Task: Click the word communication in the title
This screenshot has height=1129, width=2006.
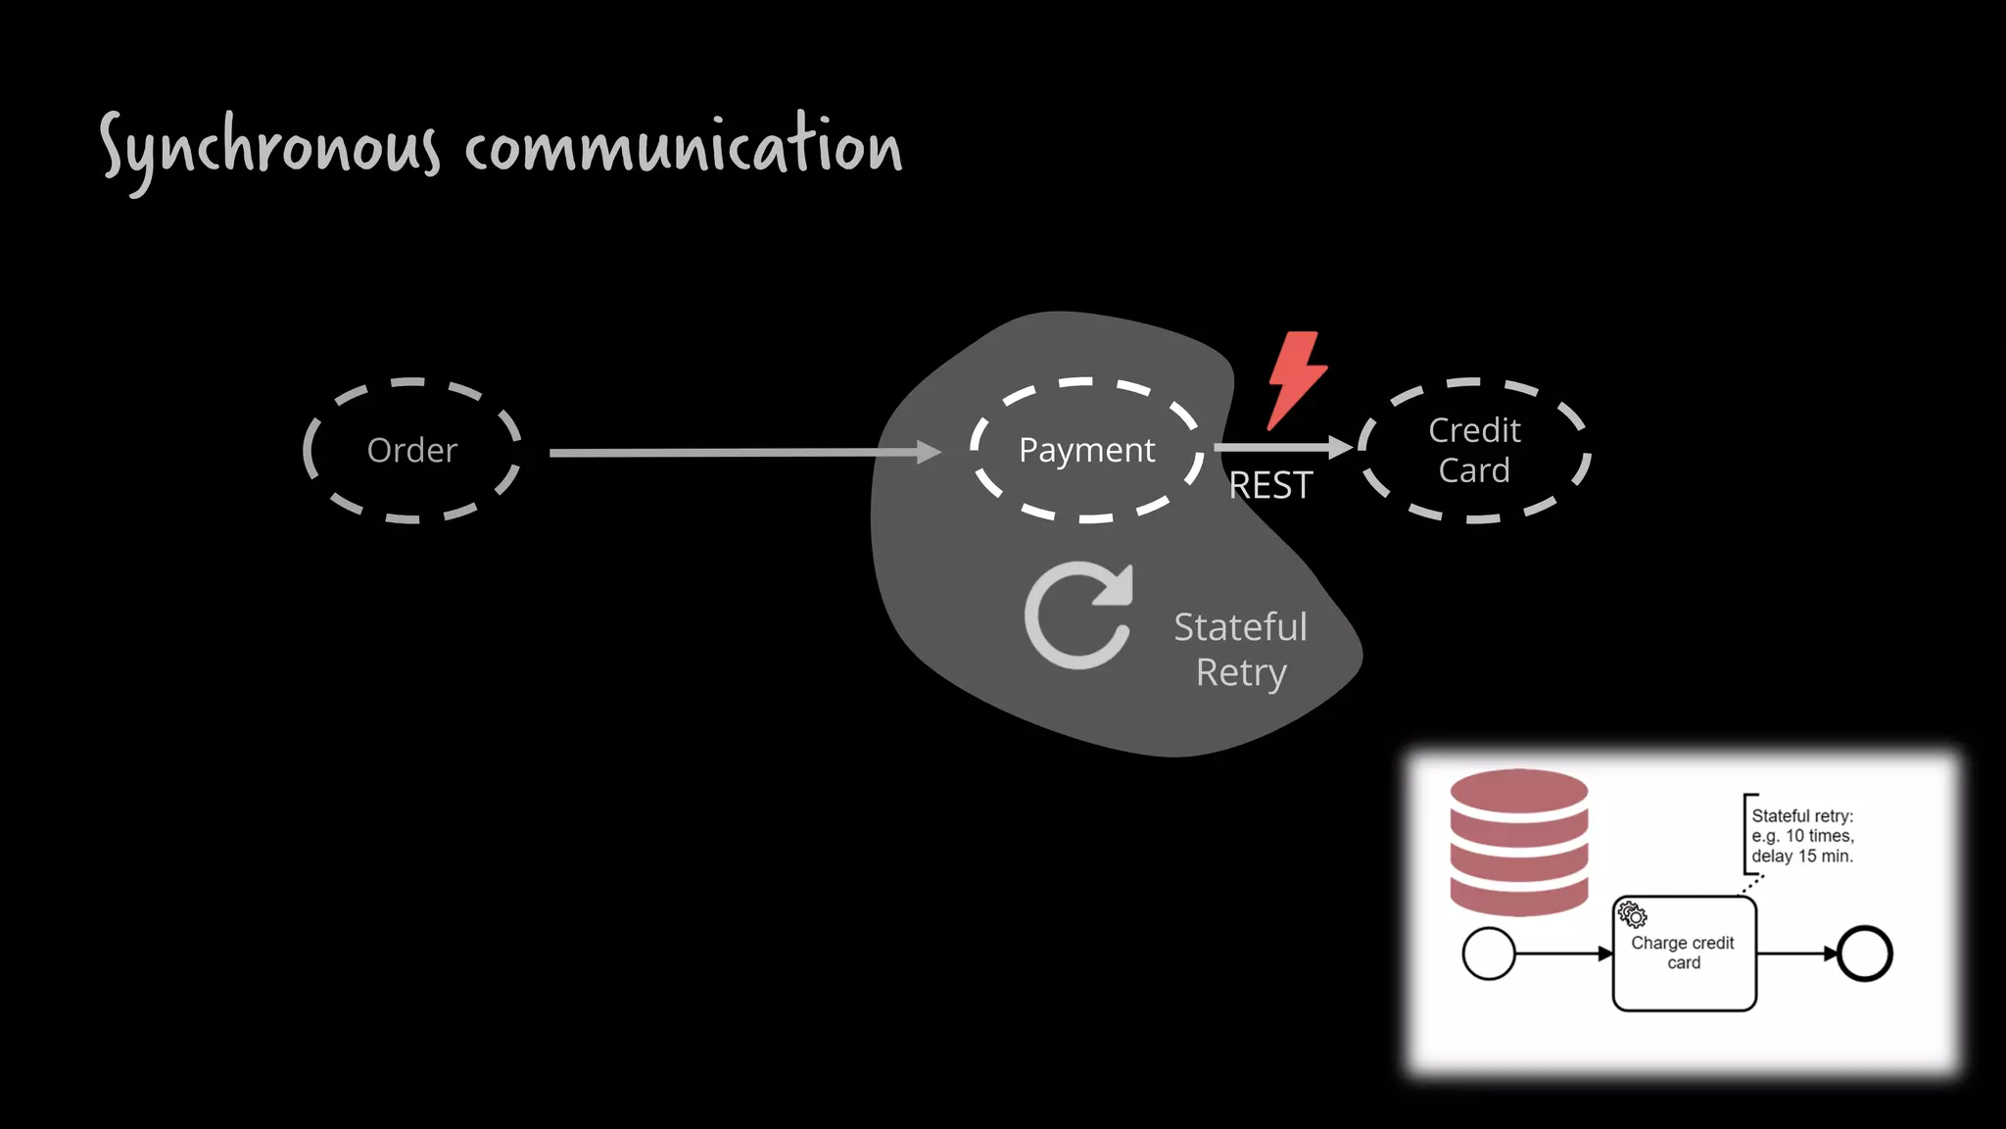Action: [683, 147]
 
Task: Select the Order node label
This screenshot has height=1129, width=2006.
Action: [411, 451]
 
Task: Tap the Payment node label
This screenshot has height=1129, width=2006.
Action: [1086, 450]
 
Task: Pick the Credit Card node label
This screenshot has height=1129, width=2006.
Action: [1474, 450]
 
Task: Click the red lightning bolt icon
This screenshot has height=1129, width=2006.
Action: [1296, 380]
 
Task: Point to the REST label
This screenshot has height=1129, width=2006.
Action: [1270, 486]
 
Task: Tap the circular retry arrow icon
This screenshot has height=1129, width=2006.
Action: [1077, 616]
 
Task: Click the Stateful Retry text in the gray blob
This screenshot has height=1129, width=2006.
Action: [1240, 650]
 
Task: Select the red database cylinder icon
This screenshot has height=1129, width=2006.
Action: [1518, 842]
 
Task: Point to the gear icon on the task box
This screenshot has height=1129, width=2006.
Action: [1632, 914]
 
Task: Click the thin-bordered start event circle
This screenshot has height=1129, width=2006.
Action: [1488, 954]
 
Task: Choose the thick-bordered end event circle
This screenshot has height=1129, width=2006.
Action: [1864, 954]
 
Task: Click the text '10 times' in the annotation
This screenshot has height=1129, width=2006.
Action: [1819, 836]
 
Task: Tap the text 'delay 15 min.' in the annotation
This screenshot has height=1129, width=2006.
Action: [1802, 856]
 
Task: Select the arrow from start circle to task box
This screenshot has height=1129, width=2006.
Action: [1563, 954]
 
